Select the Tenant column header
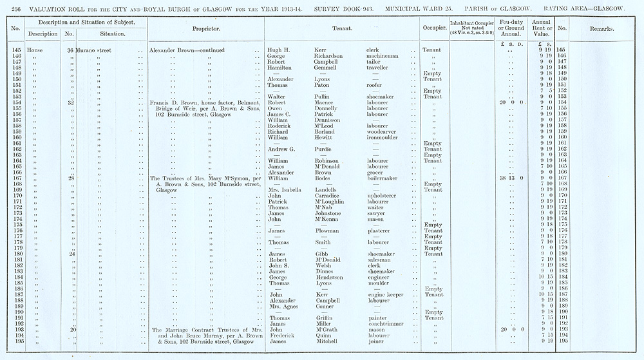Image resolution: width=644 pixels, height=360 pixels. [x=341, y=29]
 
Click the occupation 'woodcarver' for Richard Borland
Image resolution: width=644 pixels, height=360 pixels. [x=382, y=131]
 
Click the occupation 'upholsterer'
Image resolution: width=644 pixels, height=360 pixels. [x=383, y=196]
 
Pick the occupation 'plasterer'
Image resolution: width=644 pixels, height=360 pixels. [x=379, y=231]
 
